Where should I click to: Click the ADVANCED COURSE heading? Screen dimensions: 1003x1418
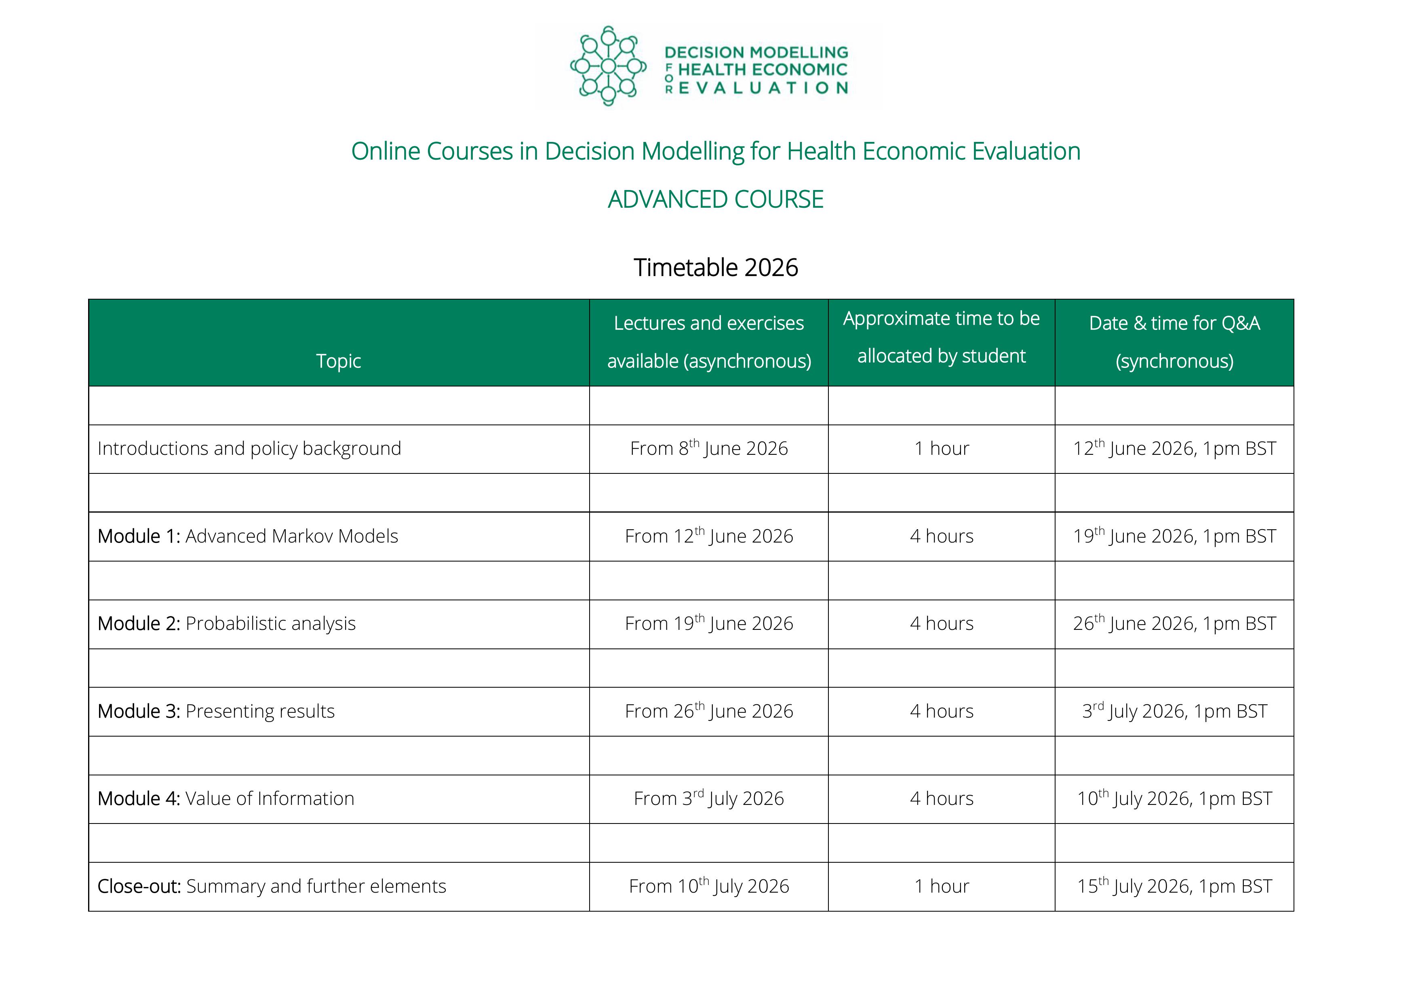(x=715, y=200)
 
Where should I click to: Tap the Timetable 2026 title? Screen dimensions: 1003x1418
(x=716, y=268)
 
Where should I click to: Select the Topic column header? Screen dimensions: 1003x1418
(x=339, y=361)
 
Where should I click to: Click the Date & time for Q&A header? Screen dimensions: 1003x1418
(x=1174, y=342)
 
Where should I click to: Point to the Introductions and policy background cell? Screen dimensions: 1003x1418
(x=249, y=449)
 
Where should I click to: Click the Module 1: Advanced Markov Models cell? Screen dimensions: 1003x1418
(x=248, y=536)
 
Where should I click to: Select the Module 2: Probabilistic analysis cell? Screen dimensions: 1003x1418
(x=227, y=623)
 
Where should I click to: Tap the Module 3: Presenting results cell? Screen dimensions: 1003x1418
(x=216, y=711)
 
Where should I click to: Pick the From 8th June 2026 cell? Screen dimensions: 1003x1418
(x=709, y=449)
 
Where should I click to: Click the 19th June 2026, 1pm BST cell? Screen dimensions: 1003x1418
(x=1174, y=536)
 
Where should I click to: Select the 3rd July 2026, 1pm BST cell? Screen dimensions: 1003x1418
(x=1174, y=711)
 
